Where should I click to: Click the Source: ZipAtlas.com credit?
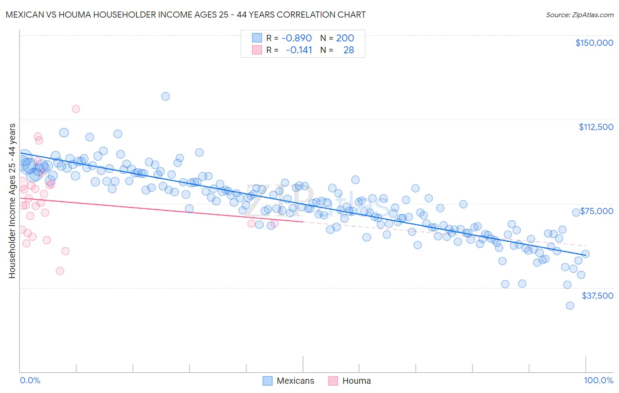pyautogui.click(x=579, y=15)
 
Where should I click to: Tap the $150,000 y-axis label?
pyautogui.click(x=594, y=43)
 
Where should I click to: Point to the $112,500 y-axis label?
pyautogui.click(x=596, y=127)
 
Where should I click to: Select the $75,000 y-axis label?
pyautogui.click(x=597, y=211)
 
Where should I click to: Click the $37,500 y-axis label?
pyautogui.click(x=597, y=296)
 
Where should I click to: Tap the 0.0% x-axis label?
pyautogui.click(x=30, y=380)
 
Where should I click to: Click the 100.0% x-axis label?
pyautogui.click(x=598, y=380)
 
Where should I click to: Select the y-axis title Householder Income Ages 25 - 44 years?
pyautogui.click(x=12, y=201)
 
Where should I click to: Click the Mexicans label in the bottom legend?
pyautogui.click(x=295, y=381)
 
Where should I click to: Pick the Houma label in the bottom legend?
pyautogui.click(x=356, y=381)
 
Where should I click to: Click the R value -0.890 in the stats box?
pyautogui.click(x=296, y=38)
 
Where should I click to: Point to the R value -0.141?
pyautogui.click(x=298, y=50)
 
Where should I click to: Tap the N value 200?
pyautogui.click(x=345, y=38)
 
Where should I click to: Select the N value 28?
pyautogui.click(x=348, y=50)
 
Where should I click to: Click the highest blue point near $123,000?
pyautogui.click(x=166, y=96)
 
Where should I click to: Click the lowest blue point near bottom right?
pyautogui.click(x=570, y=306)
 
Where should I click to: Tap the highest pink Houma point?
pyautogui.click(x=76, y=109)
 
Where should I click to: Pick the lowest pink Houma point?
pyautogui.click(x=60, y=271)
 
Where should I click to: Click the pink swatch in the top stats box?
pyautogui.click(x=257, y=50)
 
